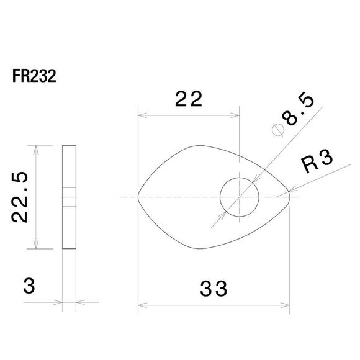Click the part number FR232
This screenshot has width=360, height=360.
point(34,78)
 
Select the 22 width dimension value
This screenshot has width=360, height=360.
point(189,99)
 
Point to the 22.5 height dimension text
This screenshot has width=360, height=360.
point(21,197)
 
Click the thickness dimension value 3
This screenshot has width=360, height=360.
point(28,287)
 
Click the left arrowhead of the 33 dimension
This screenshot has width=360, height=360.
point(141,305)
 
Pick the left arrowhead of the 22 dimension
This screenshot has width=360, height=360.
point(141,115)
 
